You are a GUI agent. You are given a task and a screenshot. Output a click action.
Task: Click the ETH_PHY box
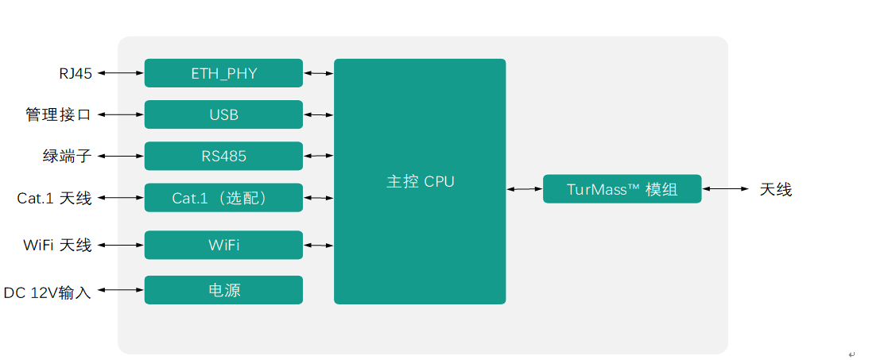[223, 72]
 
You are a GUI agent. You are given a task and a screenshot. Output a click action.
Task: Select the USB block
[223, 114]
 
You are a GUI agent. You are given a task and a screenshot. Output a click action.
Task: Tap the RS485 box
[223, 156]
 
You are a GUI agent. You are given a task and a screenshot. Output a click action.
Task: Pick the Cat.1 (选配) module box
[223, 198]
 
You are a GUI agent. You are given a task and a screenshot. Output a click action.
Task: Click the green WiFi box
[223, 245]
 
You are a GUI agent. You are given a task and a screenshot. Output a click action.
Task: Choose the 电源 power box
[223, 290]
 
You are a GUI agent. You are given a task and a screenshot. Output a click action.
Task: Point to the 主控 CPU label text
[420, 182]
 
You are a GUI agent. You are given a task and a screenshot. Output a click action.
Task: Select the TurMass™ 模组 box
[622, 188]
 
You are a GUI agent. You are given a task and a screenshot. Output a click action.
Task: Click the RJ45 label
[76, 73]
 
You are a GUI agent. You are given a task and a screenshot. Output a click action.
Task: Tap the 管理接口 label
[58, 115]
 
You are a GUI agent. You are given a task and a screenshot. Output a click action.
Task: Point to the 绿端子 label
[67, 156]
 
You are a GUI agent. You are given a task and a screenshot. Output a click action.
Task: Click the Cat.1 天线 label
[54, 199]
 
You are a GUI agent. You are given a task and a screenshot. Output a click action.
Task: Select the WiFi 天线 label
[57, 245]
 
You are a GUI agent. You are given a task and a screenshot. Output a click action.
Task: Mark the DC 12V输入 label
[48, 292]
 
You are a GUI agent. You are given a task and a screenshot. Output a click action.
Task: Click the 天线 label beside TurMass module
[776, 190]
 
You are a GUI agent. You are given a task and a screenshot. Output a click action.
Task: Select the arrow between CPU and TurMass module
[525, 189]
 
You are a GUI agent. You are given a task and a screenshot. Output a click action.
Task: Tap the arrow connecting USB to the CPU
[319, 115]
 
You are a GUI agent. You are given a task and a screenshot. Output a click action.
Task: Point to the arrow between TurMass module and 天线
[726, 188]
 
